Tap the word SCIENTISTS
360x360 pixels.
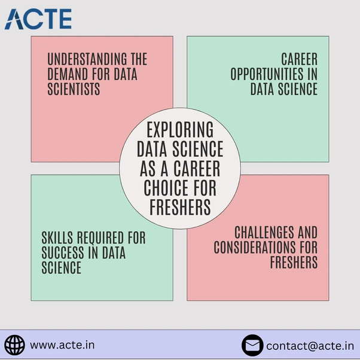(74, 89)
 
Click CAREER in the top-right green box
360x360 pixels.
(299, 60)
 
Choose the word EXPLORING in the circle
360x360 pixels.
(179, 129)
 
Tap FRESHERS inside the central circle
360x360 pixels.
(179, 208)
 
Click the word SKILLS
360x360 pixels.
(59, 238)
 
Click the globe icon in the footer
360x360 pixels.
(14, 345)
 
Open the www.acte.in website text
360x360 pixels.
(62, 345)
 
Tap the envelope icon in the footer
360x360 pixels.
(252, 345)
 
